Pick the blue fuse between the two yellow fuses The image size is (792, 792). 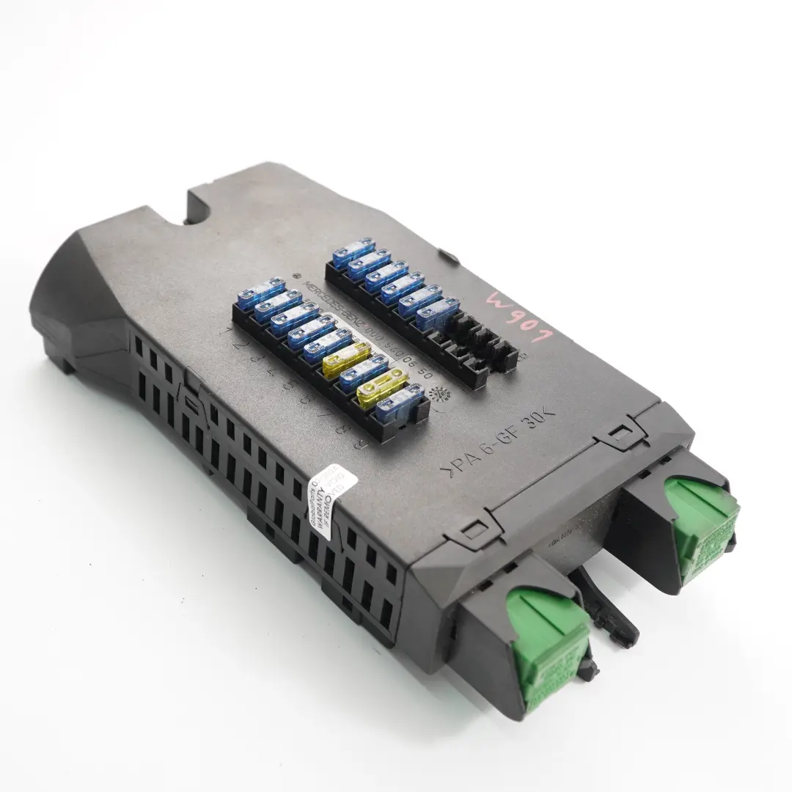pyautogui.click(x=364, y=370)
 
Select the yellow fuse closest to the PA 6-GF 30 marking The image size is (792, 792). pyautogui.click(x=381, y=386)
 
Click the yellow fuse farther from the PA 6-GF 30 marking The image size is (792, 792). pyautogui.click(x=346, y=358)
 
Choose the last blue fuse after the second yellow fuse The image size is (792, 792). pyautogui.click(x=400, y=403)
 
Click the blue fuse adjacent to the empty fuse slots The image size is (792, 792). pyautogui.click(x=438, y=315)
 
